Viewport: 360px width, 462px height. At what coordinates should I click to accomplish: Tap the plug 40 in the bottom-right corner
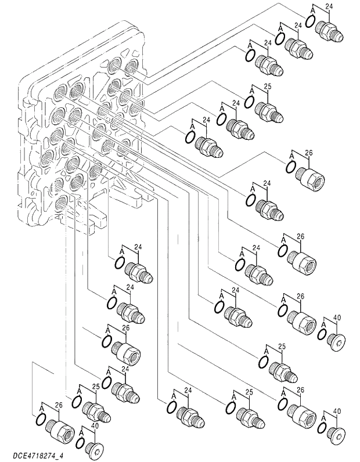tap(337, 434)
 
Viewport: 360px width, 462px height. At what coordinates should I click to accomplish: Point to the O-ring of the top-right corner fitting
tap(310, 21)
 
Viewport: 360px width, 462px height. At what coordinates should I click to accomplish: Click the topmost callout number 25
tap(267, 86)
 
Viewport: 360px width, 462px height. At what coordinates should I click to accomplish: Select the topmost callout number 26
tap(308, 153)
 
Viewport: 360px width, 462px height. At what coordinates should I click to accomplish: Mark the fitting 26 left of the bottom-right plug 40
tap(302, 414)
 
